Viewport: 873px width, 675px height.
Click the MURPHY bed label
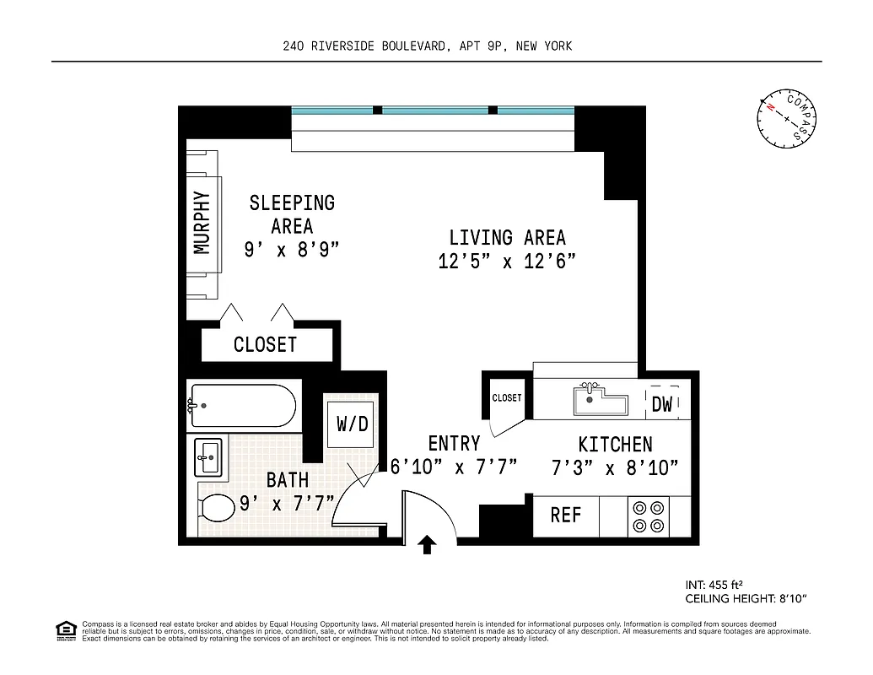[202, 223]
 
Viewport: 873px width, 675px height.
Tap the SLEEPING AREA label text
[292, 214]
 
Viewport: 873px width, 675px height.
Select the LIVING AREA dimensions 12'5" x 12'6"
[507, 262]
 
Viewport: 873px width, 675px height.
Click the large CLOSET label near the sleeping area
[265, 344]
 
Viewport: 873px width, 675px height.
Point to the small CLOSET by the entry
[507, 397]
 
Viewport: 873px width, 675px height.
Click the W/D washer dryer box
[353, 424]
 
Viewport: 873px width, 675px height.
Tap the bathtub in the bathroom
[241, 406]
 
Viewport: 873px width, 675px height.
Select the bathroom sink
[207, 458]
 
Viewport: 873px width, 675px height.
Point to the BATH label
[287, 480]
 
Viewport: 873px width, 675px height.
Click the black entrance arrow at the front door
[428, 544]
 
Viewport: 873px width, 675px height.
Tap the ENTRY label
[454, 444]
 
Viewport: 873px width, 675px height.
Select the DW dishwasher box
[662, 404]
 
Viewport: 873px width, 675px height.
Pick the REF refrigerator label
[565, 515]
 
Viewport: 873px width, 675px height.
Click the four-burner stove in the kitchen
[647, 516]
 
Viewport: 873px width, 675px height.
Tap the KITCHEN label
[615, 445]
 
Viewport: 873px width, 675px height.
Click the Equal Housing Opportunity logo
[65, 629]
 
